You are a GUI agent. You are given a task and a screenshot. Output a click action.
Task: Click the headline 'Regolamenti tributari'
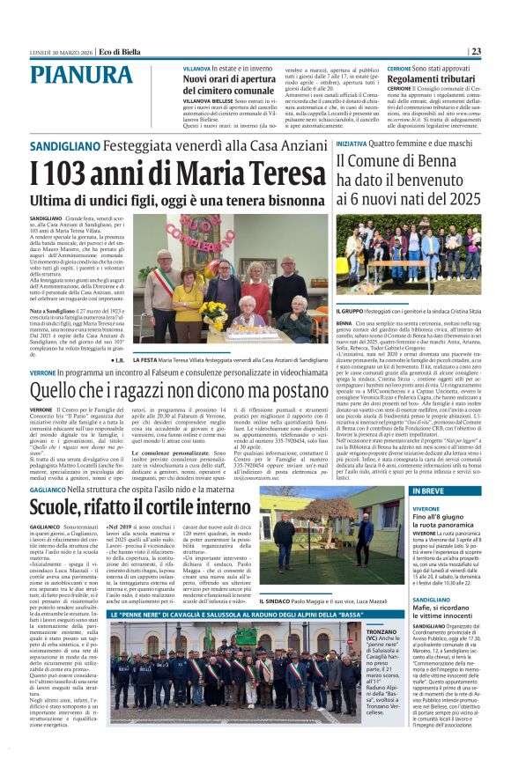(432, 79)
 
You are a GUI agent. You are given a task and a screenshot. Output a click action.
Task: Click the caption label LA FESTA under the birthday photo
(145, 360)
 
